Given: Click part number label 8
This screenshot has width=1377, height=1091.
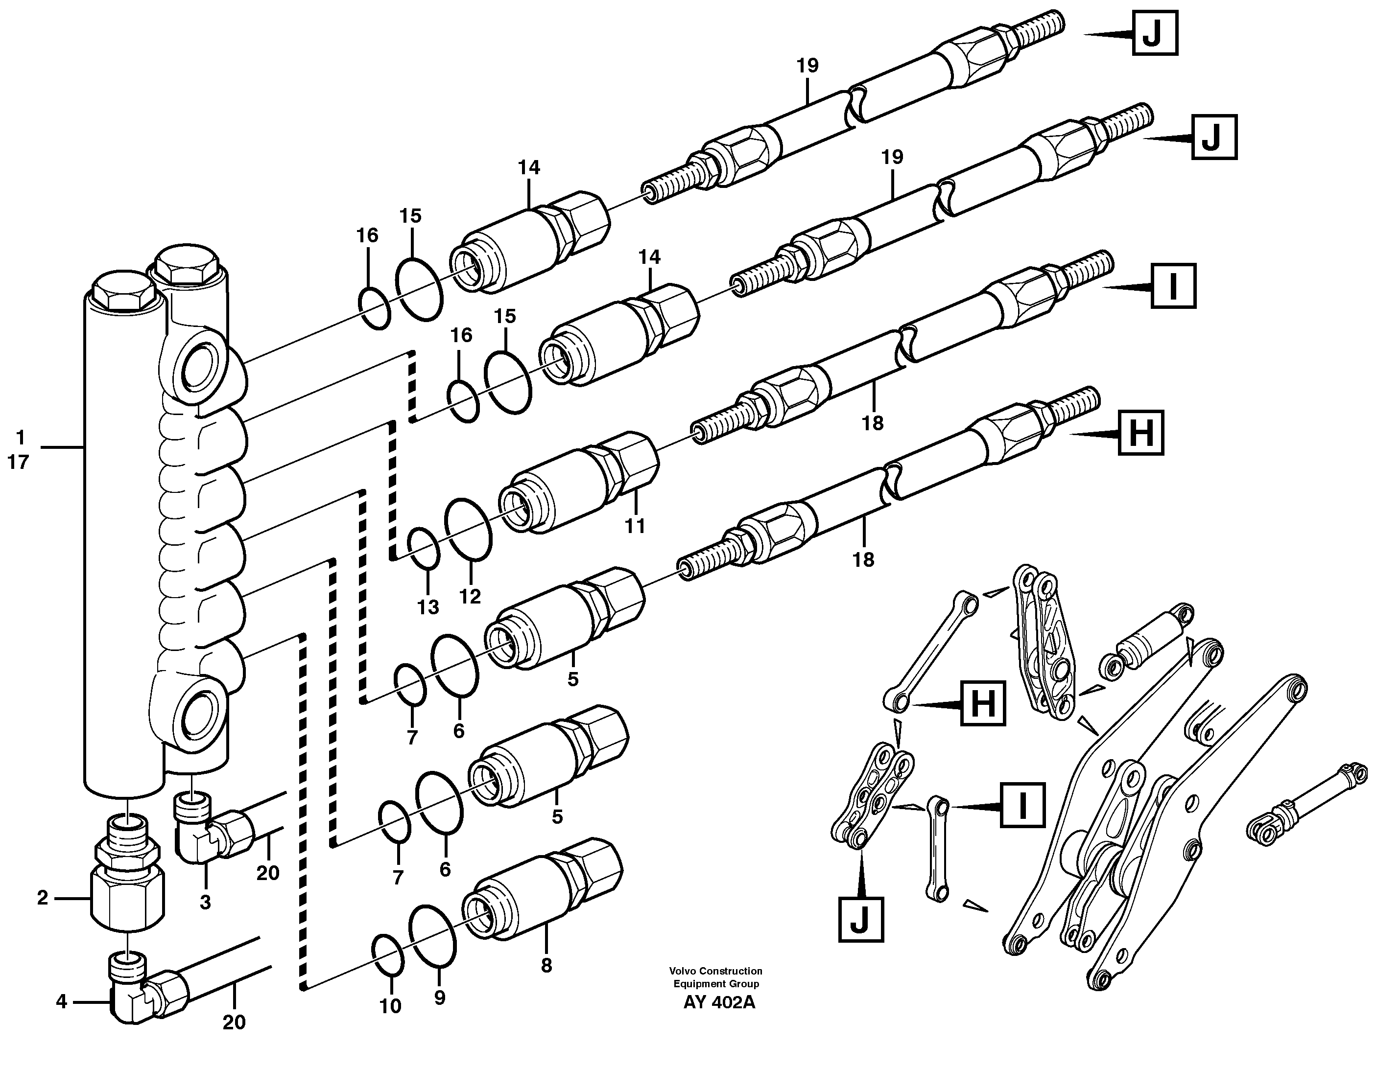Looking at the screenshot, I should [546, 966].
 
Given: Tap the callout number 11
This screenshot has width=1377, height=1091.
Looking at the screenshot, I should [634, 526].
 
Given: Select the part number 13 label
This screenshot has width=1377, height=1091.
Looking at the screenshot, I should [428, 606].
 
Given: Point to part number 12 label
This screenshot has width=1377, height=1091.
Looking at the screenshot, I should [470, 596].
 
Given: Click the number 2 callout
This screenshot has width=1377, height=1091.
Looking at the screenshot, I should [42, 898].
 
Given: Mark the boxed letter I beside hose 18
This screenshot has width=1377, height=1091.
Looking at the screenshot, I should [1173, 287].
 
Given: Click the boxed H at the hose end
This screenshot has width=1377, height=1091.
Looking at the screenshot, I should [1140, 433].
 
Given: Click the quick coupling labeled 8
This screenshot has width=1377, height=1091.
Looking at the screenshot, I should [540, 888].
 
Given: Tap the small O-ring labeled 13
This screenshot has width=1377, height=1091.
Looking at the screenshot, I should [423, 548].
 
